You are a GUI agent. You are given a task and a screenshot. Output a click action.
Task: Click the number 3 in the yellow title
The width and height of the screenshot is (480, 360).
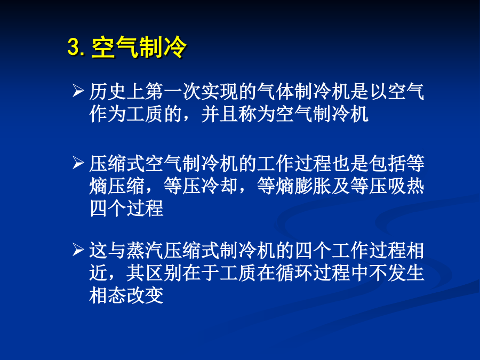[74, 47]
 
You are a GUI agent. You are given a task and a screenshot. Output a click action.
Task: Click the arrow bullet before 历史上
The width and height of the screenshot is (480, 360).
[78, 91]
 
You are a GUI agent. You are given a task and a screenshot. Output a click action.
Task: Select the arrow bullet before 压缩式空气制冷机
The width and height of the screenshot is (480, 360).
[78, 163]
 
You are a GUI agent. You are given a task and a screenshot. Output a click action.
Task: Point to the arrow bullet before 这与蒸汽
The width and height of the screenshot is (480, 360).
[78, 250]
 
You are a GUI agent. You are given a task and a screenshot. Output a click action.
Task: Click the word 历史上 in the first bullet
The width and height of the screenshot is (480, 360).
[117, 92]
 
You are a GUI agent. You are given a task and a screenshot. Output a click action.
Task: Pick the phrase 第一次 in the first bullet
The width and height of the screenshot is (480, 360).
[173, 92]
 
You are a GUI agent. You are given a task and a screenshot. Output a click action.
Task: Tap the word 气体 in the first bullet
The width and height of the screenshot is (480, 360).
[276, 92]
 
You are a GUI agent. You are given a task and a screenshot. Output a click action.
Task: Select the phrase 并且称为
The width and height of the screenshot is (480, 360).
[238, 114]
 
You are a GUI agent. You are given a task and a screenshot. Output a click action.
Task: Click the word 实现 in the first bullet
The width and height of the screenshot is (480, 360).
[220, 92]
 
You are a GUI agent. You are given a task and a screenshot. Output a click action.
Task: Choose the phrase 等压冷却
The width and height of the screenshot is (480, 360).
[201, 186]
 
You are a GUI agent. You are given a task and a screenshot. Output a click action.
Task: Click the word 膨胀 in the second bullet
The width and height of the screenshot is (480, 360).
[313, 186]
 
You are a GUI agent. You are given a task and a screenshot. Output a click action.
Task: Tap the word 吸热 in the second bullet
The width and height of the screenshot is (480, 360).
[406, 186]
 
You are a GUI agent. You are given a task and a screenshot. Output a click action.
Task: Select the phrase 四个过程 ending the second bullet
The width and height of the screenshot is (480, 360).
[126, 209]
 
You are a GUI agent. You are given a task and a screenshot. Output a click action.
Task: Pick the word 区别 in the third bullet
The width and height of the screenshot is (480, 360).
[164, 273]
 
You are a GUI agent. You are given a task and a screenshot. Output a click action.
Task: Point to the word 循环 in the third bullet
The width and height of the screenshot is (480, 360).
[294, 273]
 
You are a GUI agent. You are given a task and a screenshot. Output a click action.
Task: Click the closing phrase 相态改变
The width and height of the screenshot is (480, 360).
[126, 295]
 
